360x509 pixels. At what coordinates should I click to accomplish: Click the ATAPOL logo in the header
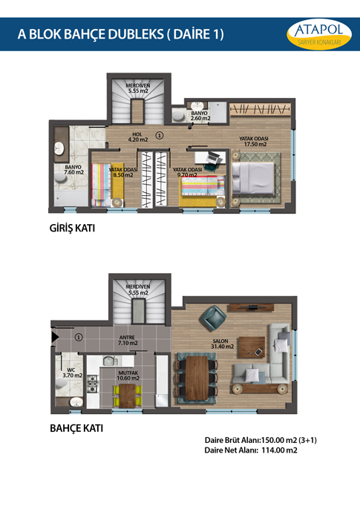pos(319,34)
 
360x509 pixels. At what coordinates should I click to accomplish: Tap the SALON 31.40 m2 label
pos(223,344)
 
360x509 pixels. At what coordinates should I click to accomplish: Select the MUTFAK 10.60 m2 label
pos(128,375)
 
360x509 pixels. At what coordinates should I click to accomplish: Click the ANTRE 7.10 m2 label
pos(128,340)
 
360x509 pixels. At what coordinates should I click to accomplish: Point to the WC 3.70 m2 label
pos(73,372)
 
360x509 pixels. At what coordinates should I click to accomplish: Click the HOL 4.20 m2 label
pos(138,137)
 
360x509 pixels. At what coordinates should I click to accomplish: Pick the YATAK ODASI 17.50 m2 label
pos(255,141)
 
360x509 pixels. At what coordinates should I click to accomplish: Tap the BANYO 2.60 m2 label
pos(200,116)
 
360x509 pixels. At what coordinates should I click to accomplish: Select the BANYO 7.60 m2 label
pos(73,170)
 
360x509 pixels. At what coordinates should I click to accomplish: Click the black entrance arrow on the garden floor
pos(55,337)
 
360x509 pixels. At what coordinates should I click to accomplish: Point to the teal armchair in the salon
pos(213,318)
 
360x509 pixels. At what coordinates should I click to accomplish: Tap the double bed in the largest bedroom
pos(253,178)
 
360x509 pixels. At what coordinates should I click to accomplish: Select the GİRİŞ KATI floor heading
pos(72,229)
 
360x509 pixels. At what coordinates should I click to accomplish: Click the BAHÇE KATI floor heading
pos(76,429)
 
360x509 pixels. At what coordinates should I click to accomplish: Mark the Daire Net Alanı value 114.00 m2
pos(279,450)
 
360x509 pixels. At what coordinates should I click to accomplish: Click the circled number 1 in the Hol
pos(160,135)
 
